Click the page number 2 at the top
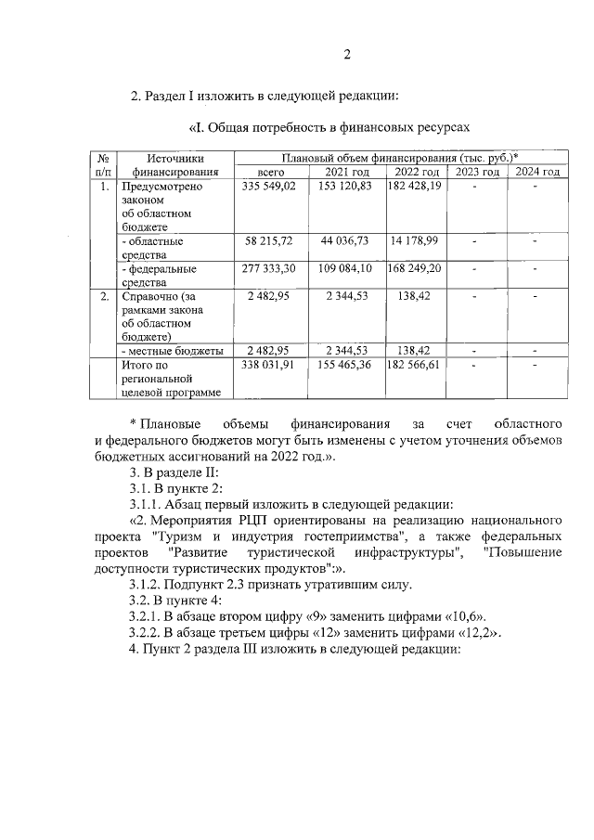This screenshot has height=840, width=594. coord(345,54)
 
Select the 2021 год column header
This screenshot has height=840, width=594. coord(347,172)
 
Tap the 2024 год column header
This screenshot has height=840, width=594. coord(537,172)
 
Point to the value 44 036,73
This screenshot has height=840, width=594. coord(344,240)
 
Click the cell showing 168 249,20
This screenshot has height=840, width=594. coord(415,268)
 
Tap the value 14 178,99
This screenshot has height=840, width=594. coord(416,240)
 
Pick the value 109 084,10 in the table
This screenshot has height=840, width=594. coord(344,268)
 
